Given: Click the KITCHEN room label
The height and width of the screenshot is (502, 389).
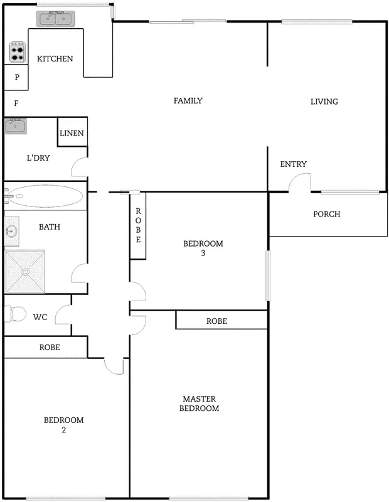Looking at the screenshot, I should coord(55,59).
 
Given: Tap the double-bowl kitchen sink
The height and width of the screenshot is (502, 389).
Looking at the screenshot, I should coord(56,19).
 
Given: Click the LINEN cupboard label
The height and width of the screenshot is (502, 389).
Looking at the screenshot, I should coord(72,134).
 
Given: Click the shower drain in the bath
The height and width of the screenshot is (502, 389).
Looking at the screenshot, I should coord(25,272).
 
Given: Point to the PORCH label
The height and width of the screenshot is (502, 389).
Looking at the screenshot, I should coord(326,215).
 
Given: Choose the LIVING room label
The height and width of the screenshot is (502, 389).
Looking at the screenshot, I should coord(324,102).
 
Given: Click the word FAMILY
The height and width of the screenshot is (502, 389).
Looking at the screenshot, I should coord(188,101).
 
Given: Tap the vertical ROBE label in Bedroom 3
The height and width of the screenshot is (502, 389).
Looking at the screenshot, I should coord(138,226).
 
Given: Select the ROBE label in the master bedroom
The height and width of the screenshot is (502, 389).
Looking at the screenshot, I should coord(216,321).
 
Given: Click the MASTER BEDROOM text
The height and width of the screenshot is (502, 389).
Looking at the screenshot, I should coord(200,403).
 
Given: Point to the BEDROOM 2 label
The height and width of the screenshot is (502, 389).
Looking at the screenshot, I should coord(63,425).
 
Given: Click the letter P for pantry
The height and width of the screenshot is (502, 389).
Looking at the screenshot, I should coord(17,78).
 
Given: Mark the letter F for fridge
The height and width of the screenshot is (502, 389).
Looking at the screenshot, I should coord(16,104).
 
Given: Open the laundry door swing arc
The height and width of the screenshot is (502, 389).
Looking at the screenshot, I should coord(78,168).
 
